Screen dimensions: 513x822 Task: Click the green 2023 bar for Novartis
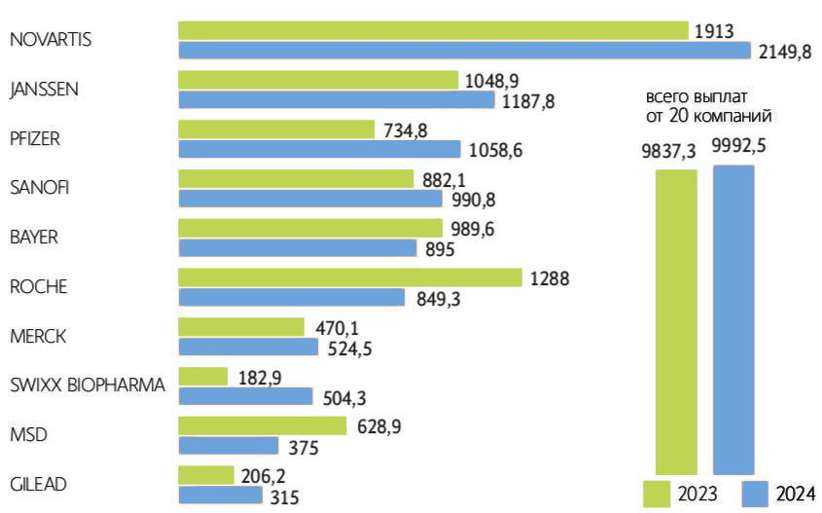click(433, 30)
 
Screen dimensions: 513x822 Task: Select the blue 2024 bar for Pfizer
click(319, 149)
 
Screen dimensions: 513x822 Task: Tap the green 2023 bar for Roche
click(350, 277)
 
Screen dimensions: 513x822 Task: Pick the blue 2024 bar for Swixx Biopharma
click(246, 396)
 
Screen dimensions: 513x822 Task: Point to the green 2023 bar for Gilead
click(206, 475)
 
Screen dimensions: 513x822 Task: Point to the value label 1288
click(550, 278)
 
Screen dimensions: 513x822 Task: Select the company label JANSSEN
click(43, 90)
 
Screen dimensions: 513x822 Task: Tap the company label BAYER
click(34, 238)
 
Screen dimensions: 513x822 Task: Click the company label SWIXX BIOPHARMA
click(87, 385)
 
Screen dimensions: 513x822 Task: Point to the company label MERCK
click(36, 336)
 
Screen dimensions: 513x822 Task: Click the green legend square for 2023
click(658, 493)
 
